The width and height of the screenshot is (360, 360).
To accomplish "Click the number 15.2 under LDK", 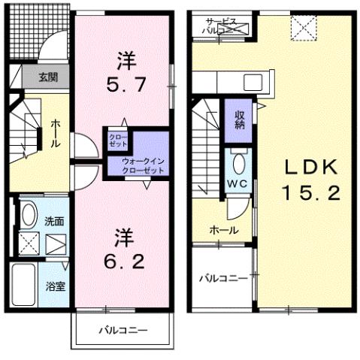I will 311,192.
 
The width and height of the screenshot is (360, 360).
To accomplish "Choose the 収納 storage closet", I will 239,119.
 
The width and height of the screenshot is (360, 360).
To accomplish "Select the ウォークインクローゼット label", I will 138,165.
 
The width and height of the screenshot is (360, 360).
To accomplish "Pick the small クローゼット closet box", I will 118,141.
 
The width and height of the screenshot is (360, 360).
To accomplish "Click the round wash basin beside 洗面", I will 26,216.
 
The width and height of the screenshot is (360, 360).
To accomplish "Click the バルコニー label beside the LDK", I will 222,278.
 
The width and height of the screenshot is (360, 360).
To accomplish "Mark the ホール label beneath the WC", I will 224,230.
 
